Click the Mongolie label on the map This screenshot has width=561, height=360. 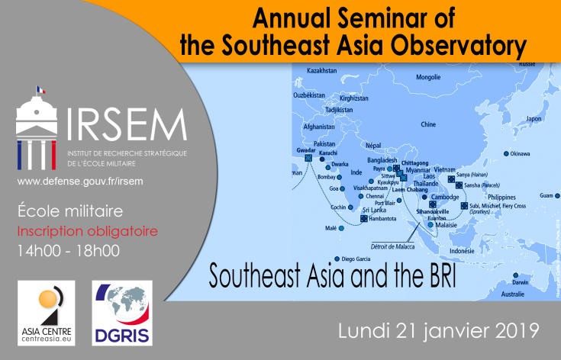pos(428,77)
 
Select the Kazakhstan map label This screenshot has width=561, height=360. pos(321,71)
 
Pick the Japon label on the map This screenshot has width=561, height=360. pos(533,120)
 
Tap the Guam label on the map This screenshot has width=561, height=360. pos(546,195)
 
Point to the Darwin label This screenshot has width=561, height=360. pos(520,282)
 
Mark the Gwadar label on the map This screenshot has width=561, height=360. pos(306,151)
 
